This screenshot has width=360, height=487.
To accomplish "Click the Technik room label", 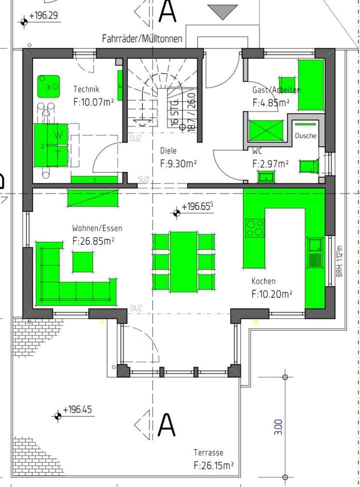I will (86, 89).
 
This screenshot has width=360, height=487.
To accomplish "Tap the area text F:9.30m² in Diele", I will (178, 162).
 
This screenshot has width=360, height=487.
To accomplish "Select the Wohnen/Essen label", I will (97, 228).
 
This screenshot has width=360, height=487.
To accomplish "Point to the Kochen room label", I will (263, 281).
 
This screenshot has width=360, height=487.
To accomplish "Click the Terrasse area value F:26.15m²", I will (213, 465).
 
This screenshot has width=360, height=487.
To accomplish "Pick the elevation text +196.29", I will (43, 16).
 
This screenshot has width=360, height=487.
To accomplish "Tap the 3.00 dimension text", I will (278, 426).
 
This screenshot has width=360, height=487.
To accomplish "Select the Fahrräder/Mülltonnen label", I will (142, 38).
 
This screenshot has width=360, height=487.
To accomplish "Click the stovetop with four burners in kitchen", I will (255, 228).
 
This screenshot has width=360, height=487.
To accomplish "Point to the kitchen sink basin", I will (315, 244).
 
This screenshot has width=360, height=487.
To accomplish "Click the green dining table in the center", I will (183, 261).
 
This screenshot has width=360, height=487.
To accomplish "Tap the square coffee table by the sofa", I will (82, 261).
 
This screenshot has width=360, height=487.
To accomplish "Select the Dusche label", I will (305, 135).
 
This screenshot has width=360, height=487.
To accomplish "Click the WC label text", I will (257, 150).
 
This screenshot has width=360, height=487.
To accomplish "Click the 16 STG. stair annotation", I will (174, 116).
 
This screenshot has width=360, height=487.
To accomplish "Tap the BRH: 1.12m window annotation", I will (338, 261).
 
